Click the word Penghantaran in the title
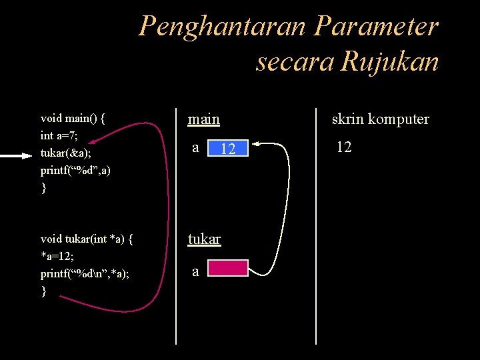point(221,27)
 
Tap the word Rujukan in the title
point(389,61)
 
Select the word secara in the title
point(294,61)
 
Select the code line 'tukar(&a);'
point(66,153)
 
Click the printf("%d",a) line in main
point(75,171)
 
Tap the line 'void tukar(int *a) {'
point(87,239)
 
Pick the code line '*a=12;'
point(58,257)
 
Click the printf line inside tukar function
point(85,273)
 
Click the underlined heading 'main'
point(204,119)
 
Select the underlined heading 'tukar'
point(204,239)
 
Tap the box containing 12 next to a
point(227,149)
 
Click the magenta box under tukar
point(227,268)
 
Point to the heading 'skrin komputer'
point(381,119)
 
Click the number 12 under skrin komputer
point(343,147)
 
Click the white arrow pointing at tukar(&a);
point(17,155)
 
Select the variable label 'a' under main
point(195,147)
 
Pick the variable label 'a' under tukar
point(195,271)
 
